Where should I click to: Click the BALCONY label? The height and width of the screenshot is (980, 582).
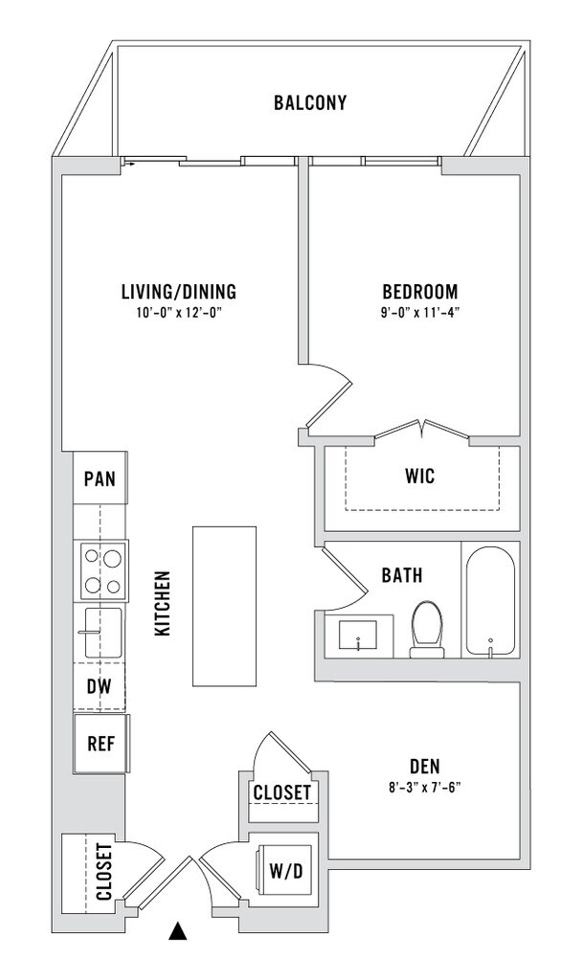pos(310,102)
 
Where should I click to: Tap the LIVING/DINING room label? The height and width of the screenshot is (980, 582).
pos(179,291)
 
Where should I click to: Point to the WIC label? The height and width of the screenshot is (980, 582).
pos(420,477)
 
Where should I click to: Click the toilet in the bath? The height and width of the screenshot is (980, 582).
pos(427,629)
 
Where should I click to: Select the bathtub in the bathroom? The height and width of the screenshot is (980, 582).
pos(491,601)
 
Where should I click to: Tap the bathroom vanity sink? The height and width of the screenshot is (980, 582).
pos(358,636)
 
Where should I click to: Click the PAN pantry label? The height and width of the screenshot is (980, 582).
pos(100,479)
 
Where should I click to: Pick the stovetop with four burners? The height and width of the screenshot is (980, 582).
pos(103,571)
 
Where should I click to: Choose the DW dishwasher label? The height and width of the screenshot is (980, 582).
pos(100,687)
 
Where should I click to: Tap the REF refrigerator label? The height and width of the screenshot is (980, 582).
pos(101,744)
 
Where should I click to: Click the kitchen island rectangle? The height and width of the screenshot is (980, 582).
pos(224,606)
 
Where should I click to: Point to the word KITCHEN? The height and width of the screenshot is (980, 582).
pos(163,603)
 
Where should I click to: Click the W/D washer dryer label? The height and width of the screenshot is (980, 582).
pos(285,870)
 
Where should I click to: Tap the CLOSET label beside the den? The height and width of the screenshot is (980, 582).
pos(282,792)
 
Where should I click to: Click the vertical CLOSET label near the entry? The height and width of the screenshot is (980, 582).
pos(103,871)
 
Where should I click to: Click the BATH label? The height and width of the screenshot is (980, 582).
pos(402,575)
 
